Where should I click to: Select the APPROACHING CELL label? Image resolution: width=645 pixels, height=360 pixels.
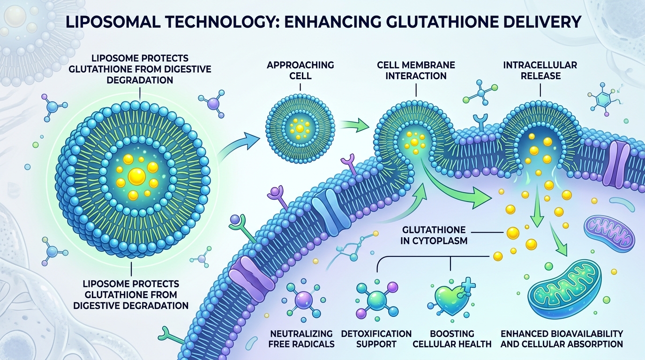[x=300, y=70]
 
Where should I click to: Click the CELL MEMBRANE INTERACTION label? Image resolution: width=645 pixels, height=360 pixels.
[x=416, y=70]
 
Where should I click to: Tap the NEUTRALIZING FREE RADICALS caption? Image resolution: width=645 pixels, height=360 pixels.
[x=301, y=339]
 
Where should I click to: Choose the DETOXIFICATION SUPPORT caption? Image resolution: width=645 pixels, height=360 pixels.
[x=376, y=339]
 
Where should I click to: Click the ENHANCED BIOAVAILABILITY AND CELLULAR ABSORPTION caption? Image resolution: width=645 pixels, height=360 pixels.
[x=562, y=339]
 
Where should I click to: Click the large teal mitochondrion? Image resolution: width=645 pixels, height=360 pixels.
[x=565, y=286]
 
